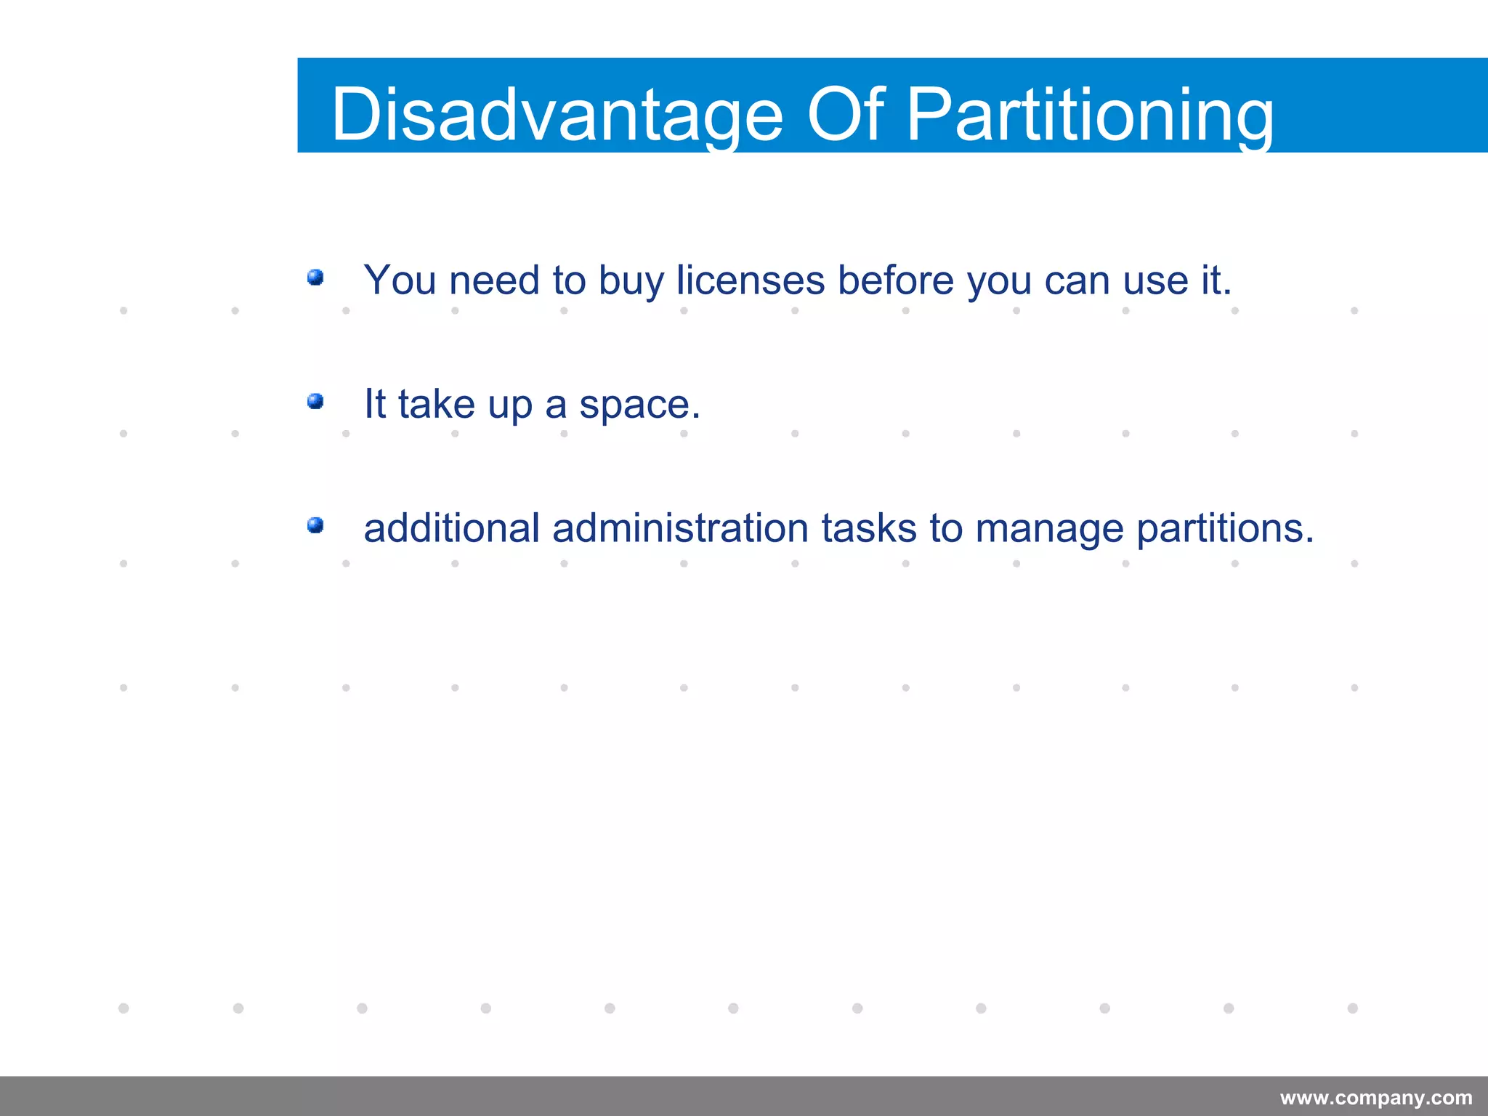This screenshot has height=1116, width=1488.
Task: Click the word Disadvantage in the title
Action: point(557,115)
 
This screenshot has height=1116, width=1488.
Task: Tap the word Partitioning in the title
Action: point(1090,115)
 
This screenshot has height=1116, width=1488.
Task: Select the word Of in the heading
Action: point(846,115)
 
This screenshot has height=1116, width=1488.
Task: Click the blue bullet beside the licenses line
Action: point(315,278)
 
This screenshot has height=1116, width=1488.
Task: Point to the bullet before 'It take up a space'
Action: point(315,401)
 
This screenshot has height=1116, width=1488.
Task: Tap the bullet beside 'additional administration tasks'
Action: point(315,525)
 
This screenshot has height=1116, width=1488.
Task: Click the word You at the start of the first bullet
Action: point(400,280)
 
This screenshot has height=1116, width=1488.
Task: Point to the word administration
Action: point(680,527)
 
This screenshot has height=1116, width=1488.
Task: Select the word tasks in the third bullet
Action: point(869,527)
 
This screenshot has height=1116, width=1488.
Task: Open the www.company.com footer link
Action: point(1376,1098)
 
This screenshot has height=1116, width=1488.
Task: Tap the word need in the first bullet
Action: point(494,280)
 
